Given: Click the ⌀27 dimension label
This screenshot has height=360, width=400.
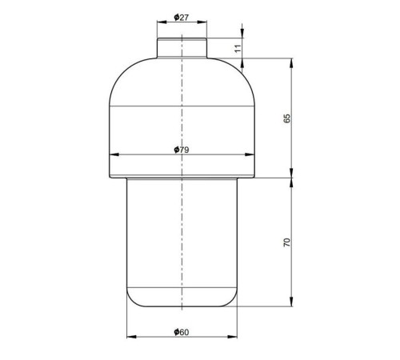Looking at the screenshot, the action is pos(182,18).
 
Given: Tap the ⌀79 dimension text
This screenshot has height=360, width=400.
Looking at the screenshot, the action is pos(182,150).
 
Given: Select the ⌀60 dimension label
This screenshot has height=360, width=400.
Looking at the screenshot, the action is pos(182,332).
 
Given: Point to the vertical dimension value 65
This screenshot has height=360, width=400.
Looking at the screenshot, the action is pos(286,118).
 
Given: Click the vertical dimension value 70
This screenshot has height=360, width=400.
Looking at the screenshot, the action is pos(286,242).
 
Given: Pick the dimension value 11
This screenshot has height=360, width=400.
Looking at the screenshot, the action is pos(238,49).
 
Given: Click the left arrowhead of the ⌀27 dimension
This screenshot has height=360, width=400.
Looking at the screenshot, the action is pos(162,22).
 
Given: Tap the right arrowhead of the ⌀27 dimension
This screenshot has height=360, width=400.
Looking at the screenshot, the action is pos(202,22).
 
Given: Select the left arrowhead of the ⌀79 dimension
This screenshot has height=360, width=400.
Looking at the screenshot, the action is pos(114,154).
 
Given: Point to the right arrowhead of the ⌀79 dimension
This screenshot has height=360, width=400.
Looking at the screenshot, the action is pos(250,154).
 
